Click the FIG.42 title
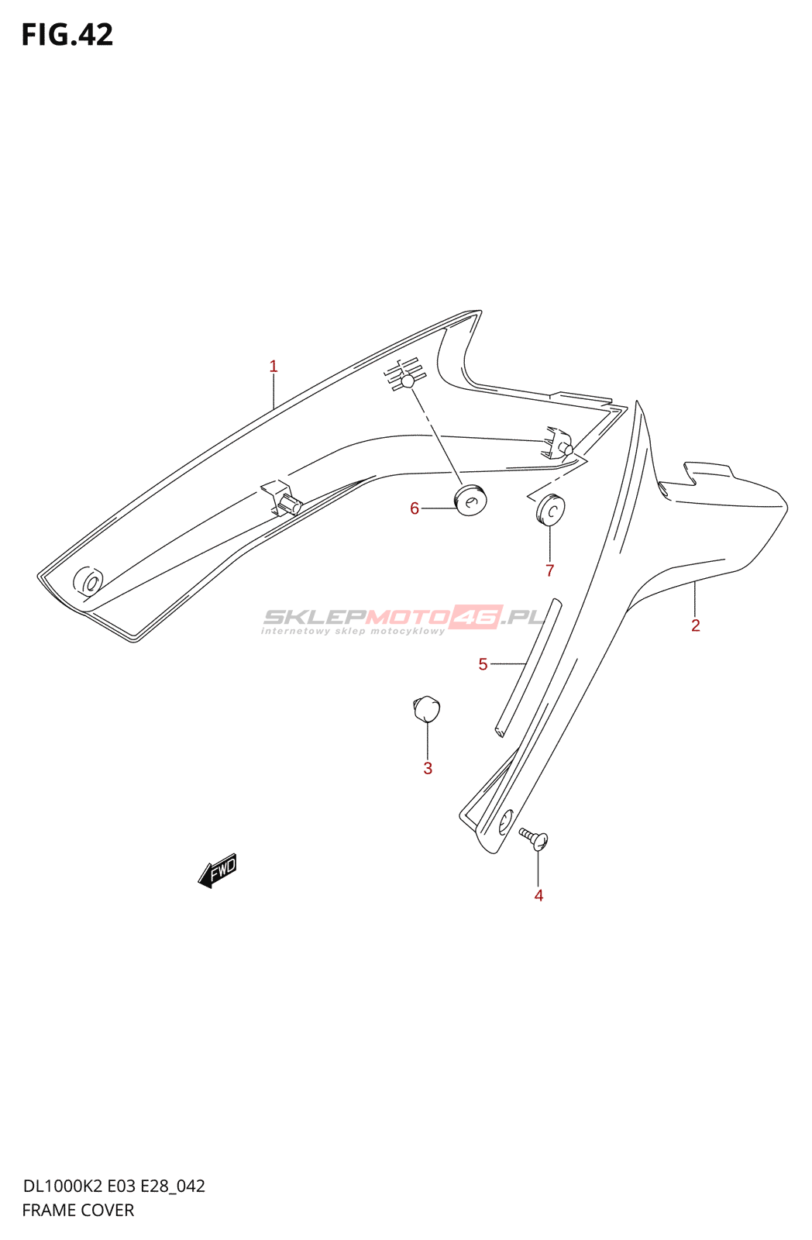click(67, 35)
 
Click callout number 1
click(274, 367)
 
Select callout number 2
click(696, 625)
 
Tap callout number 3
click(428, 768)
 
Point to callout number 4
click(538, 895)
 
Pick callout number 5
click(483, 664)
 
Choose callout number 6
click(415, 508)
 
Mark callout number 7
click(550, 571)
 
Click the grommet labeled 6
click(470, 500)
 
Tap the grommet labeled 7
click(550, 508)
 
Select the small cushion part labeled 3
click(426, 708)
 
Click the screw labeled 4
click(535, 839)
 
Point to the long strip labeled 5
click(528, 666)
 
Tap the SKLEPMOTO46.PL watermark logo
click(404, 619)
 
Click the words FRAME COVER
click(78, 1210)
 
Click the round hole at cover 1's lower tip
click(88, 582)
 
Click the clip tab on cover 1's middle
click(283, 498)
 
